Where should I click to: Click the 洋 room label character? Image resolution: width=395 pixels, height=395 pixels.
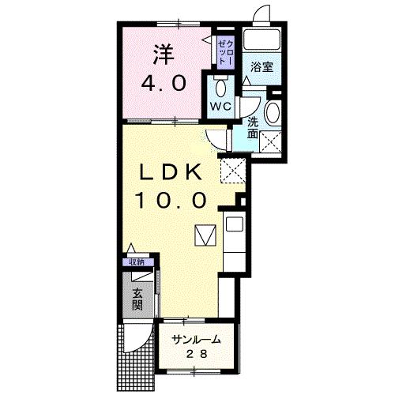click(x=164, y=55)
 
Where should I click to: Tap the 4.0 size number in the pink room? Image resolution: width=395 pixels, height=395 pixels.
click(x=164, y=83)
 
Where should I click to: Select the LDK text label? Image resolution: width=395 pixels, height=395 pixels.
click(x=171, y=172)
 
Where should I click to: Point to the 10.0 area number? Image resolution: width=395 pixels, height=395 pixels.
click(x=171, y=200)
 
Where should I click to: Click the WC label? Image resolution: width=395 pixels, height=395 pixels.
click(x=220, y=107)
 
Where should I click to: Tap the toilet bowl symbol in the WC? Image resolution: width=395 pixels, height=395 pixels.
click(x=220, y=88)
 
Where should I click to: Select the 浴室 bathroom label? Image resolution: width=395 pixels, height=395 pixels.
click(x=261, y=67)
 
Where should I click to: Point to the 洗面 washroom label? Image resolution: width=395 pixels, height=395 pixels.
click(x=253, y=128)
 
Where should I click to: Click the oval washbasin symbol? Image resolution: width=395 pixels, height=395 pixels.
click(x=273, y=112)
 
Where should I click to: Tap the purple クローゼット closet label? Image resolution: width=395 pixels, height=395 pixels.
click(x=226, y=53)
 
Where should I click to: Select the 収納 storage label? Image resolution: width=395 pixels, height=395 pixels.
click(x=137, y=262)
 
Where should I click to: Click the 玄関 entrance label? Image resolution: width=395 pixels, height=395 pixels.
click(x=137, y=299)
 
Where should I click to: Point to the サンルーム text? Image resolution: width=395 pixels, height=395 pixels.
click(x=196, y=340)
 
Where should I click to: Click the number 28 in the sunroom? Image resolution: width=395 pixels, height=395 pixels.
click(x=197, y=355)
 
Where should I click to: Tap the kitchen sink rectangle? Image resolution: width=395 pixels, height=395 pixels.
click(x=235, y=224)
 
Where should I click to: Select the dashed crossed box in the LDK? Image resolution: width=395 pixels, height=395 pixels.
click(x=233, y=171)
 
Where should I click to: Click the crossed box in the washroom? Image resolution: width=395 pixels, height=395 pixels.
click(x=270, y=142)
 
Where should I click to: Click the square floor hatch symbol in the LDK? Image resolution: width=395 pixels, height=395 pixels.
click(x=205, y=235)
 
